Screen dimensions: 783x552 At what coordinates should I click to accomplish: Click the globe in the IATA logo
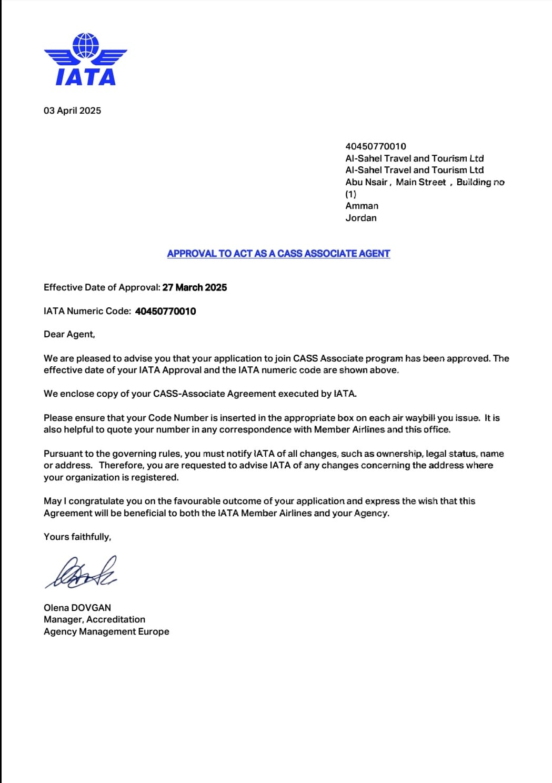point(86,45)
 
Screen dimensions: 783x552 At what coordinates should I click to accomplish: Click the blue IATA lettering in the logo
point(86,77)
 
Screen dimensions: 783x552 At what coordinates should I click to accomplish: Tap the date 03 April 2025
point(72,111)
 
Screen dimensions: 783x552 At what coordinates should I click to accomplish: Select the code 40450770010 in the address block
point(376,146)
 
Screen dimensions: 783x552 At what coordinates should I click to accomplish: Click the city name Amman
point(362,206)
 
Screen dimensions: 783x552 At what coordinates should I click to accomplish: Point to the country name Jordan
point(361,218)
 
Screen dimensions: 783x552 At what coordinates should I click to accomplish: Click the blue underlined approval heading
point(278,254)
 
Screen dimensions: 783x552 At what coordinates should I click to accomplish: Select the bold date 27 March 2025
point(195,287)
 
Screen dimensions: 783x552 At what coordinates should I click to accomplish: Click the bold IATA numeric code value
point(165,311)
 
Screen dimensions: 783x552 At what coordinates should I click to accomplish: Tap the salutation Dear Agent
point(69,334)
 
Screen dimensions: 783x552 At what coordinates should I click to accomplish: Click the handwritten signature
point(82,573)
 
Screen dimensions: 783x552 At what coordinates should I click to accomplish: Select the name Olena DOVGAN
point(77,607)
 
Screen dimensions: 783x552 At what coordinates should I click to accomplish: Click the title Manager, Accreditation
point(94,619)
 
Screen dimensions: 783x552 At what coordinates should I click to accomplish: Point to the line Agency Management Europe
point(106,631)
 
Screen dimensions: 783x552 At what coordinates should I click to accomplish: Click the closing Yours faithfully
point(77,537)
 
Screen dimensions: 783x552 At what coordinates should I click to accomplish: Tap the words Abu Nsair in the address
point(366,182)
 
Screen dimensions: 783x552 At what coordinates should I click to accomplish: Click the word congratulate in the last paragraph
point(100,501)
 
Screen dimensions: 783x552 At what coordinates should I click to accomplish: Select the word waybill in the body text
point(420,418)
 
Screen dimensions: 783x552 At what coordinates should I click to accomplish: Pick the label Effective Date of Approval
point(102,287)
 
